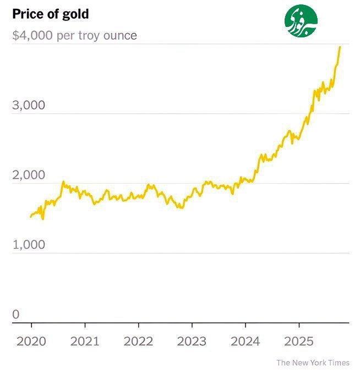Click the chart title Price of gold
50,14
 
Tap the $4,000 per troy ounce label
74,36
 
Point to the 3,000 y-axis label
28,106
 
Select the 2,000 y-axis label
28,175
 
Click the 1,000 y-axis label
28,245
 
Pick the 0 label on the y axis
16,315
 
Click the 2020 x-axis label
31,341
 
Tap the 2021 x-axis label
85,341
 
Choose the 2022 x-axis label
138,341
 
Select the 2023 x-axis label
192,341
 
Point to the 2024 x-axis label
245,341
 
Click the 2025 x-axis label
298,341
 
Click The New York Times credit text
313,362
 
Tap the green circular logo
301,23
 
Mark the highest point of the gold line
340,47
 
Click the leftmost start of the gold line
30,217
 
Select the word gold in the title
77,14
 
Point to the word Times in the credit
339,362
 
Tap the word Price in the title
25,14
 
